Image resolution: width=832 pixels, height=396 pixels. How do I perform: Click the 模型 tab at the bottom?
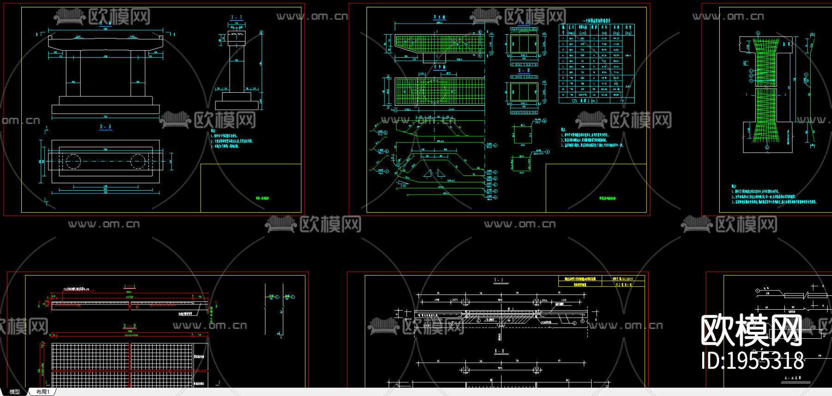[15, 392]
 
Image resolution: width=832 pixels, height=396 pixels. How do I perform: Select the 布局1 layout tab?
[43, 392]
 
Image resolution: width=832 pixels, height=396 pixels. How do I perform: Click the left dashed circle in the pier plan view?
[73, 162]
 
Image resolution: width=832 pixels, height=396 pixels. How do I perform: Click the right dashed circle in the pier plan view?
[137, 162]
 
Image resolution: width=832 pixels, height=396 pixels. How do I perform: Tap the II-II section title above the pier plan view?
[105, 127]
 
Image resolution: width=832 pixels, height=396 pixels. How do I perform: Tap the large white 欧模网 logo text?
[751, 330]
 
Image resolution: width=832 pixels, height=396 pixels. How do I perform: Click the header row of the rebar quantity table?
[596, 30]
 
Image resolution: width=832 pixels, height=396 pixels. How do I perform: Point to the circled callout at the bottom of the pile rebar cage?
[767, 148]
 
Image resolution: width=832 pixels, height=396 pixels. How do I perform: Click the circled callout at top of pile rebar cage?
[758, 33]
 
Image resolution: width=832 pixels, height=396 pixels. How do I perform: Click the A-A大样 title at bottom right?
[793, 378]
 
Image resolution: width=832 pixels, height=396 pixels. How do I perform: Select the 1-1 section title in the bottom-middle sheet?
[499, 280]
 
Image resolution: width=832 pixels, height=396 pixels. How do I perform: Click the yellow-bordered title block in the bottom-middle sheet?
[601, 282]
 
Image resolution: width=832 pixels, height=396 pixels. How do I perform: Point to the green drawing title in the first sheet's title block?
[262, 198]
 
